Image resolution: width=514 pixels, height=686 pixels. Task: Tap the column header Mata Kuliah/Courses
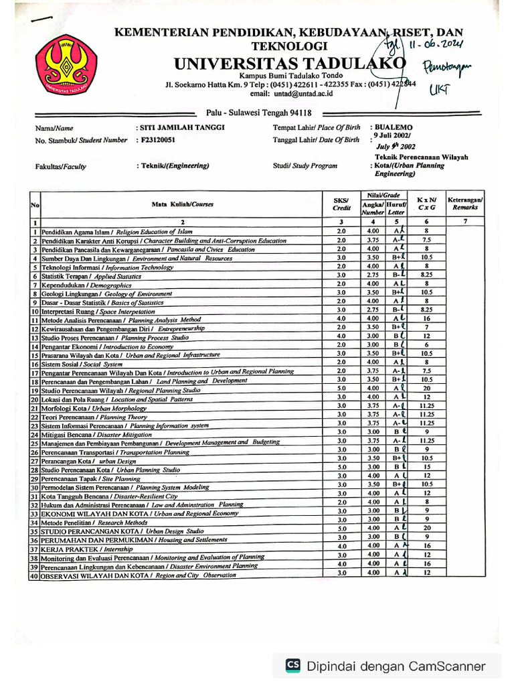coord(182,204)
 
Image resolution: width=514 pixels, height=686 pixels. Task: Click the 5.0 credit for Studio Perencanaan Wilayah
coord(341,388)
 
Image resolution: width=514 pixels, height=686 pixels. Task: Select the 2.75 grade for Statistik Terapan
coord(372,275)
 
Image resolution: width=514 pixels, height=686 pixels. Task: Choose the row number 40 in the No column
coord(34,575)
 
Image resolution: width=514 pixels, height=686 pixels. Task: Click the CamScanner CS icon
coord(292,665)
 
